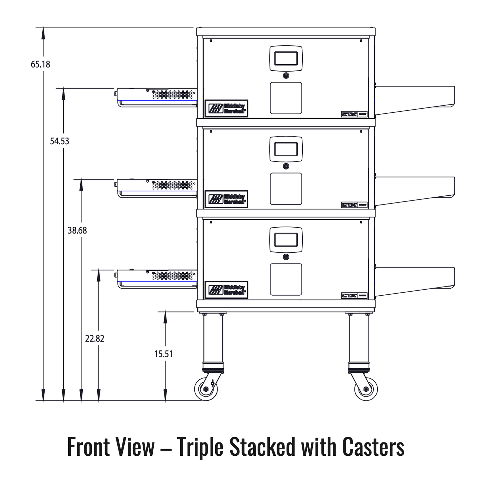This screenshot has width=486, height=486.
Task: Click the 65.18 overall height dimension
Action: click(40, 64)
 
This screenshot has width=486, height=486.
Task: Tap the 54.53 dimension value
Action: click(60, 141)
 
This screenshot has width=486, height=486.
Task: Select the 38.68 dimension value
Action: click(77, 231)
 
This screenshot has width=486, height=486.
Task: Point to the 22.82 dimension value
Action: click(95, 339)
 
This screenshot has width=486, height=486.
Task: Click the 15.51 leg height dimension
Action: click(163, 354)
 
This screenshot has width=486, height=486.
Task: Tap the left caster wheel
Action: click(206, 389)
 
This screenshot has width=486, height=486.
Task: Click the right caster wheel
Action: click(366, 389)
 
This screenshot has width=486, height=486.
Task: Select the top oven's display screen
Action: click(286, 59)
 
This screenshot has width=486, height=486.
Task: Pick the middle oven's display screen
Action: click(286, 149)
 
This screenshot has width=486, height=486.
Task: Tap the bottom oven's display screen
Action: click(286, 240)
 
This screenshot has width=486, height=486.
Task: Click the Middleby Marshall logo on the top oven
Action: click(226, 108)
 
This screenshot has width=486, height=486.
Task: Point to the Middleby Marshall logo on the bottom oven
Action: click(226, 290)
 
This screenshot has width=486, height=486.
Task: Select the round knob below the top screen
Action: click(286, 75)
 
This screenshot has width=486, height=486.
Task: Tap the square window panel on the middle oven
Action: click(286, 189)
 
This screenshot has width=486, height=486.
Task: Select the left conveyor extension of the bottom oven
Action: click(156, 278)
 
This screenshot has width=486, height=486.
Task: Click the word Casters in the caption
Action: click(373, 447)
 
